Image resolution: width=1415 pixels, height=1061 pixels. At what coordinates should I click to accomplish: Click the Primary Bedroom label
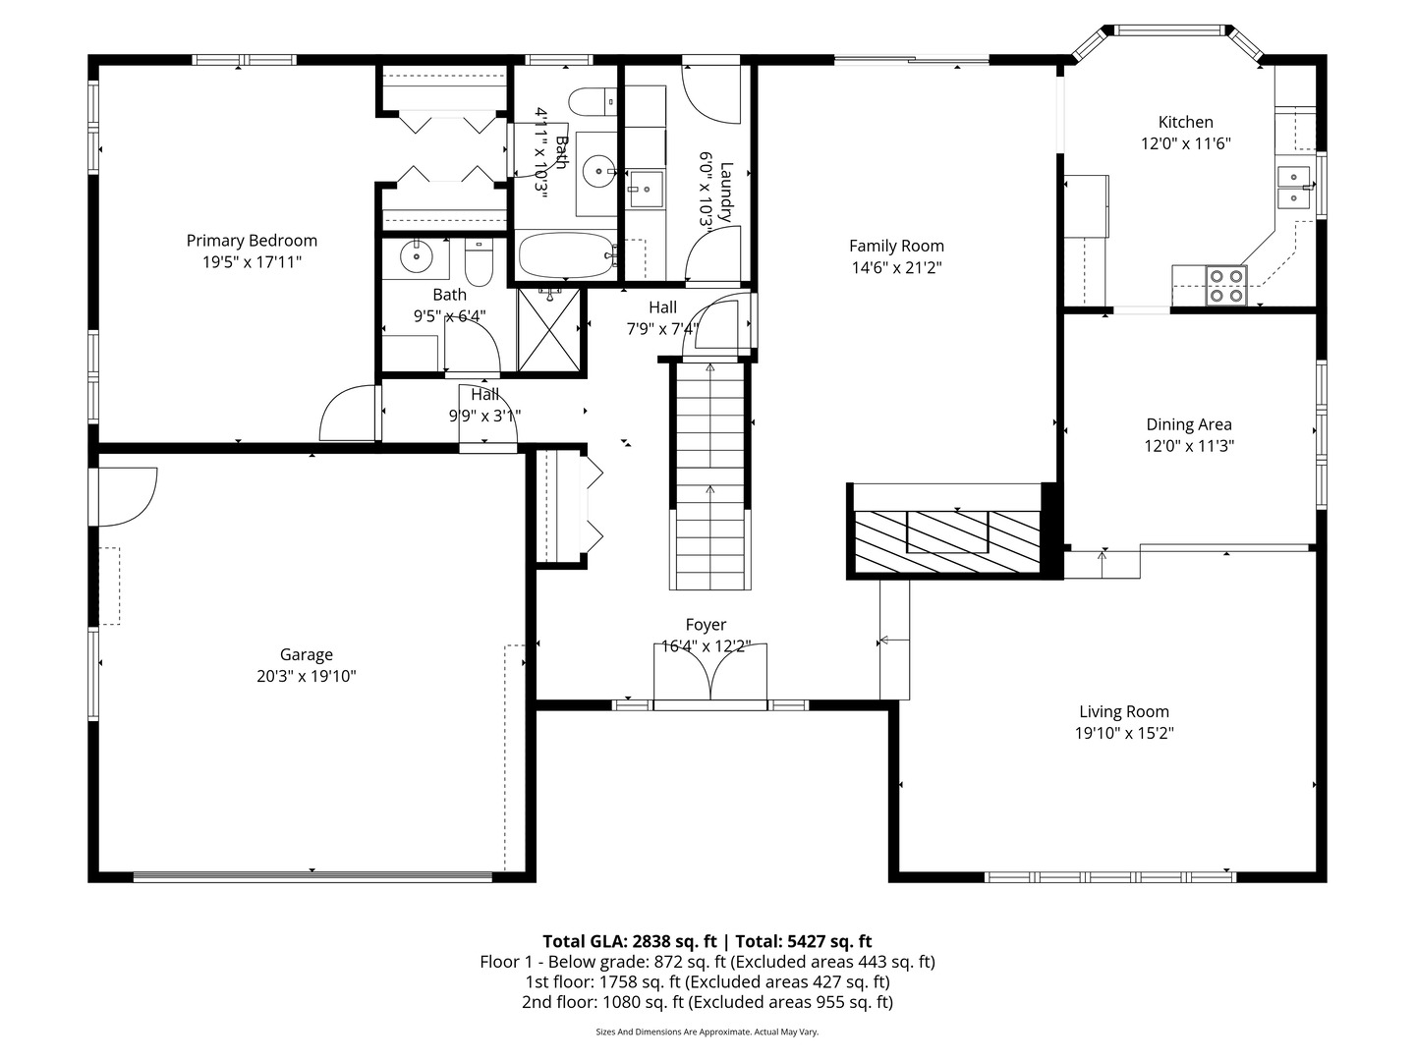(x=252, y=241)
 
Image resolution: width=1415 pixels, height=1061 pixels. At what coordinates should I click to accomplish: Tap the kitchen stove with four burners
(x=1226, y=285)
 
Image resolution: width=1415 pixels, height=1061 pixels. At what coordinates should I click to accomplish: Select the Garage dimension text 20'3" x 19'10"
(x=307, y=677)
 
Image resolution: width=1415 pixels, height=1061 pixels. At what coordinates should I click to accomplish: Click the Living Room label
(x=1123, y=711)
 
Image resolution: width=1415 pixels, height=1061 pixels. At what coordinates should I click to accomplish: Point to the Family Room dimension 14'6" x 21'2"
(x=896, y=267)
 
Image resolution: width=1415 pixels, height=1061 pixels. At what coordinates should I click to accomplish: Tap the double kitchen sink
(x=1294, y=187)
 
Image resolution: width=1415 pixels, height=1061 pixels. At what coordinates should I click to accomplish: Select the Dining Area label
(x=1189, y=424)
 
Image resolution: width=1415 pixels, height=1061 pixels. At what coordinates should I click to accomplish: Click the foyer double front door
(x=709, y=673)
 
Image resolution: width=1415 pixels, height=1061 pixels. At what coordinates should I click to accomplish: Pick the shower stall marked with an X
(x=549, y=330)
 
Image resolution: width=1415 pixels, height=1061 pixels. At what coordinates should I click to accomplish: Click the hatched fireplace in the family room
(x=946, y=541)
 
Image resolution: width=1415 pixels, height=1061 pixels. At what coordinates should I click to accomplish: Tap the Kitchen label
(x=1185, y=122)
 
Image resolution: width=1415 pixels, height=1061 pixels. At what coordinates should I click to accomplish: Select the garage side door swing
(x=127, y=497)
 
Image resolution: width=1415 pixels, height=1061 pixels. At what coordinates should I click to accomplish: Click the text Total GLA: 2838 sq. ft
(x=629, y=941)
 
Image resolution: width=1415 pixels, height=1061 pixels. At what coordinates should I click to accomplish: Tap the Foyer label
(x=706, y=624)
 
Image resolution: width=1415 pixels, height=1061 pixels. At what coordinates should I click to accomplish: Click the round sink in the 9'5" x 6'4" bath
(x=416, y=257)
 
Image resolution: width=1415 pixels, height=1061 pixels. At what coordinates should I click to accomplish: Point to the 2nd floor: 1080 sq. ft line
(x=707, y=1002)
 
